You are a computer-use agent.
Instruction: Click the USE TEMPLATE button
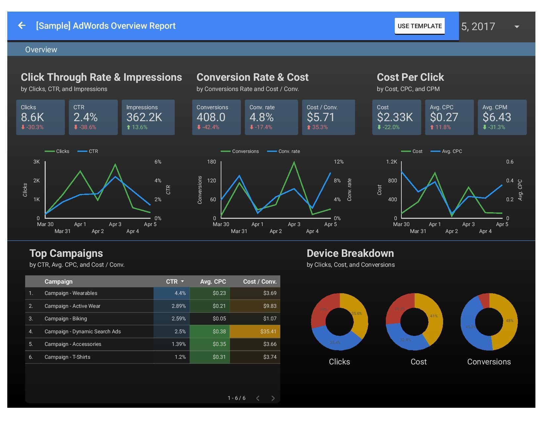419,26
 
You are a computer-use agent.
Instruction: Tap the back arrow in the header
22,25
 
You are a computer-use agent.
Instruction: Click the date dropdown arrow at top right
517,26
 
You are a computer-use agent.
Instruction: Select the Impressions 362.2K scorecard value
144,117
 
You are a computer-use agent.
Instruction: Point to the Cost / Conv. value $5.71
321,117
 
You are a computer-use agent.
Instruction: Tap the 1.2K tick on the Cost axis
391,162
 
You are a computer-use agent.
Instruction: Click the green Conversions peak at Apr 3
294,162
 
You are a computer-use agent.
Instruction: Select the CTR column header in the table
172,282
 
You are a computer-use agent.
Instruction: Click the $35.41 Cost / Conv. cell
268,331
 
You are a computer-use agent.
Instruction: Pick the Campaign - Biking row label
66,319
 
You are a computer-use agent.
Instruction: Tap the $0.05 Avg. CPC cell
219,319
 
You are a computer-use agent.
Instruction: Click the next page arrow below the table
273,398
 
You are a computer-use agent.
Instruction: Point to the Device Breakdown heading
350,254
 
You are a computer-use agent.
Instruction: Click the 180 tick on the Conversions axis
211,162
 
